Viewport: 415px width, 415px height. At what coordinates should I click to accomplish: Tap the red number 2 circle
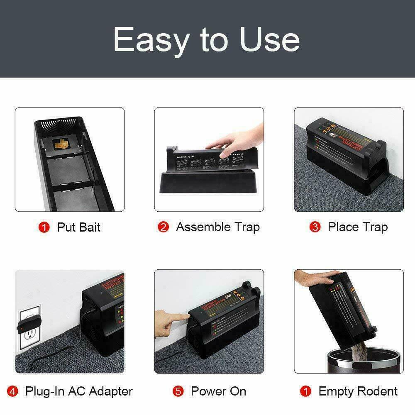(164, 227)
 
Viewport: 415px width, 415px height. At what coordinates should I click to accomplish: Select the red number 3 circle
(315, 227)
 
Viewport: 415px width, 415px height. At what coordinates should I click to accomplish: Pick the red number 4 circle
(13, 391)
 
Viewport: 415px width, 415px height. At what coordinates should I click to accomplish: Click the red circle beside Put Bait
(44, 227)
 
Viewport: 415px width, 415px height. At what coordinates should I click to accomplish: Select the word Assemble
(203, 227)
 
